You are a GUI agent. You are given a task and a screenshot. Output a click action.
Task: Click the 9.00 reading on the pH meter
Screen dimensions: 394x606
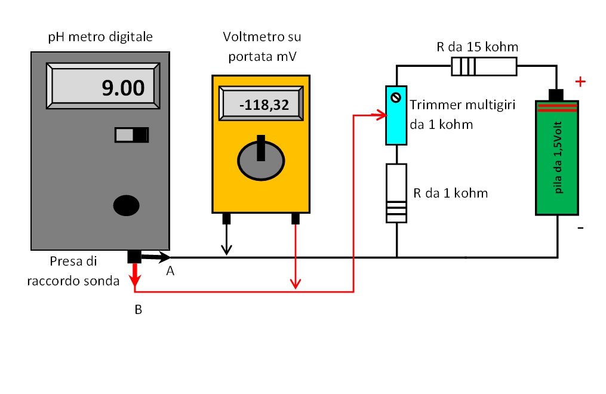[123, 88]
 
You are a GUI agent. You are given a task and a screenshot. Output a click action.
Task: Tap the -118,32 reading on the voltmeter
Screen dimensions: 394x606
[264, 106]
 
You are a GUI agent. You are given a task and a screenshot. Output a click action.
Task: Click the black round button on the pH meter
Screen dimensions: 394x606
[127, 205]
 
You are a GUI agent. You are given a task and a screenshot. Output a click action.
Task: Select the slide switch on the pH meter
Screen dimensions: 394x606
[131, 135]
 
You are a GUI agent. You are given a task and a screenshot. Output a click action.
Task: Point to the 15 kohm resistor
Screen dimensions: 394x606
[484, 66]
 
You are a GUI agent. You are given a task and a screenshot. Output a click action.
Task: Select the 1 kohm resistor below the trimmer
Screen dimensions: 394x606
[396, 193]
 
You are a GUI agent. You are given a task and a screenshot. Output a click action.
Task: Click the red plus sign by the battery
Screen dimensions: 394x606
[579, 82]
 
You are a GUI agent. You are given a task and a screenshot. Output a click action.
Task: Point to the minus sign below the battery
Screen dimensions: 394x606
[580, 228]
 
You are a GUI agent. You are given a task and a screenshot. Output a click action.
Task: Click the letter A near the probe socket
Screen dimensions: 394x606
[170, 272]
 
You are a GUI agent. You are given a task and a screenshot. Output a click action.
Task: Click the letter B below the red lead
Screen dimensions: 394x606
[138, 310]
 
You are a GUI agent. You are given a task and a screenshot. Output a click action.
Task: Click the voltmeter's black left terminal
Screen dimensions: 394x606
[226, 218]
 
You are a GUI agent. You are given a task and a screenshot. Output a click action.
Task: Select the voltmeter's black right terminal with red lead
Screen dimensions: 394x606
[295, 218]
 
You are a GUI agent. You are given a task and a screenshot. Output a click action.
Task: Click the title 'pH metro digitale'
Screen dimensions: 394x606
[100, 37]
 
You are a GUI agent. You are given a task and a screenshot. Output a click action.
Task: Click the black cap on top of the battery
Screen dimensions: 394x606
[556, 94]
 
